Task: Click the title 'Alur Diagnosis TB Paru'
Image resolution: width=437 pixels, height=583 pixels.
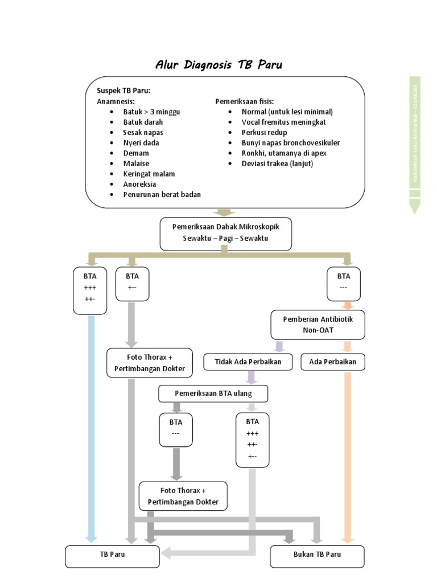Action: pos(218,65)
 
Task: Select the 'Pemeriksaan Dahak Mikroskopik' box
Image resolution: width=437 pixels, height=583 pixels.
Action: pos(225,233)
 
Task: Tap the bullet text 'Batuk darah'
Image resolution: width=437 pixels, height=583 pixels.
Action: pos(143,122)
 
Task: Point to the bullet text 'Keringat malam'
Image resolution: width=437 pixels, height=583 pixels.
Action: pos(149,174)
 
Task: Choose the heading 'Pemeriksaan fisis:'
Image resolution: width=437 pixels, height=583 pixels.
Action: pos(244,101)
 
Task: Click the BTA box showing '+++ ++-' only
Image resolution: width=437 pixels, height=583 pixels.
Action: pos(90,290)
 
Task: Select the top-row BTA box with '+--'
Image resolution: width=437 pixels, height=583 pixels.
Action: pos(132,284)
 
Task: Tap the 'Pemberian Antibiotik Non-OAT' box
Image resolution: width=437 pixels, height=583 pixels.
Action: pos(318,325)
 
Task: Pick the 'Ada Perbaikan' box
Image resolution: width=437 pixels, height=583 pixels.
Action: pos(332,362)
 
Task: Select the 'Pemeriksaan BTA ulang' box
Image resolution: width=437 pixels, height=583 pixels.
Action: pos(213,393)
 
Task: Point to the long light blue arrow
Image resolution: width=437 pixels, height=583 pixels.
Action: pos(90,427)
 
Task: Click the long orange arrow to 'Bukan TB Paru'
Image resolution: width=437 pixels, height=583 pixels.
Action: pos(348,455)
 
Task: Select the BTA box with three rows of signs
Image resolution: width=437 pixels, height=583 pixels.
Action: pos(252,440)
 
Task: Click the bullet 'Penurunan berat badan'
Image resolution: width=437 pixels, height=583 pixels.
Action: pos(162,194)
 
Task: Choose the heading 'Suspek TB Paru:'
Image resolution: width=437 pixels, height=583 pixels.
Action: pos(123,91)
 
